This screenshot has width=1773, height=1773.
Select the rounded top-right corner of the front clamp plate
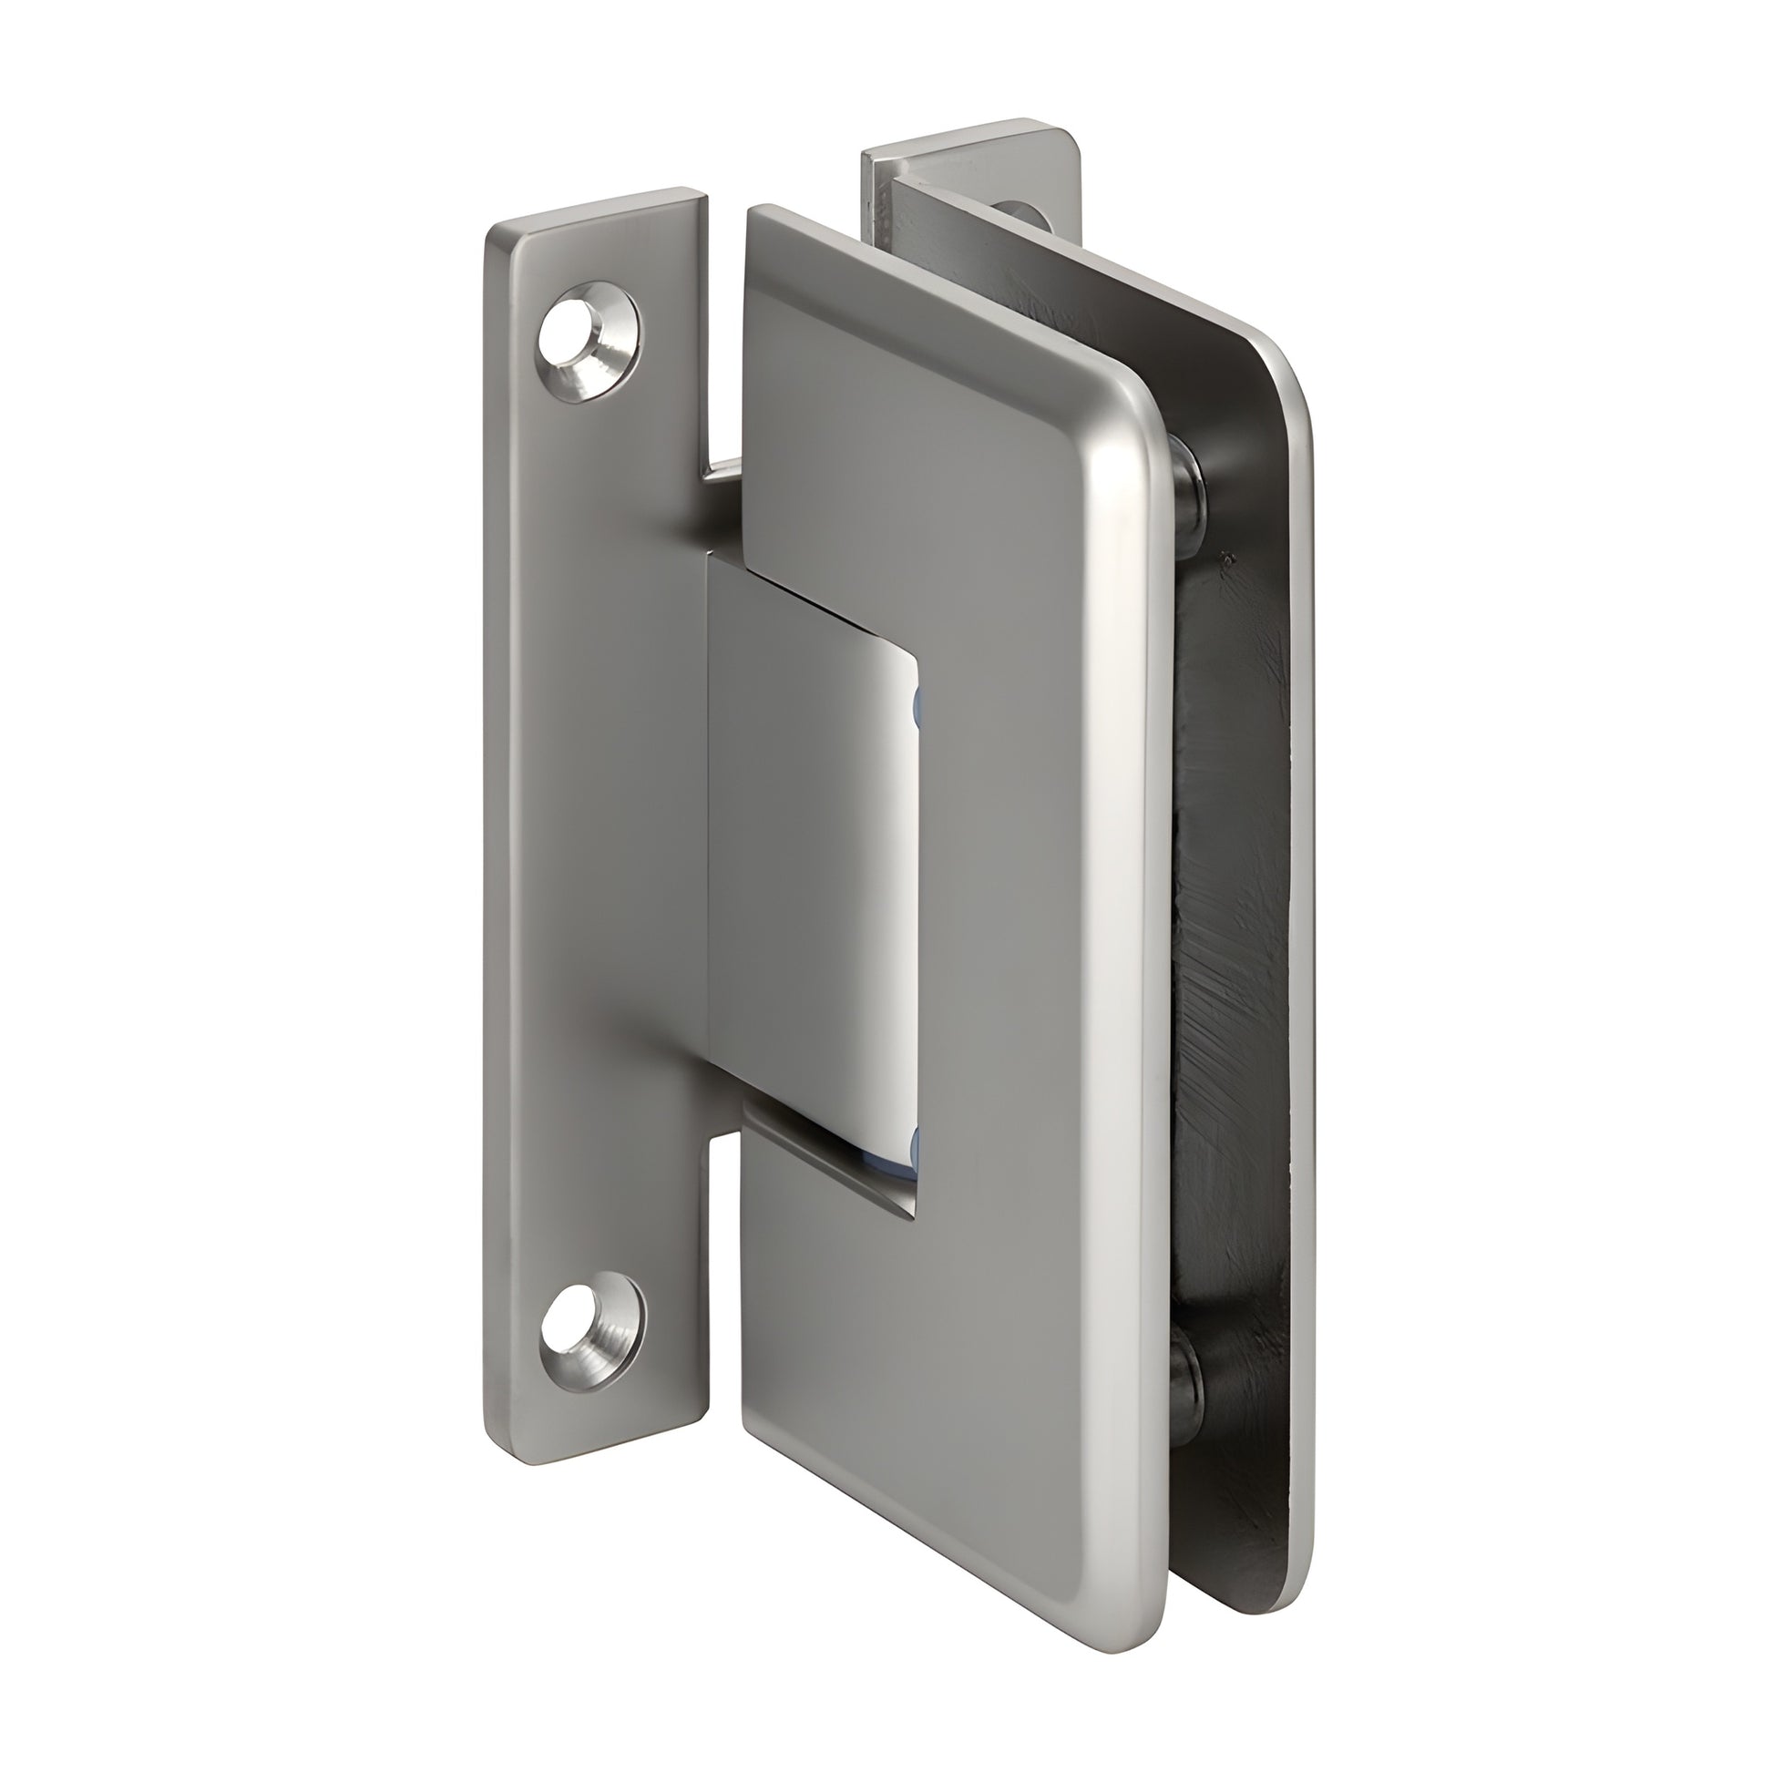pyautogui.click(x=1138, y=404)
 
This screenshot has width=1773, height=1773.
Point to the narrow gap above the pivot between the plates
pyautogui.click(x=725, y=349)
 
